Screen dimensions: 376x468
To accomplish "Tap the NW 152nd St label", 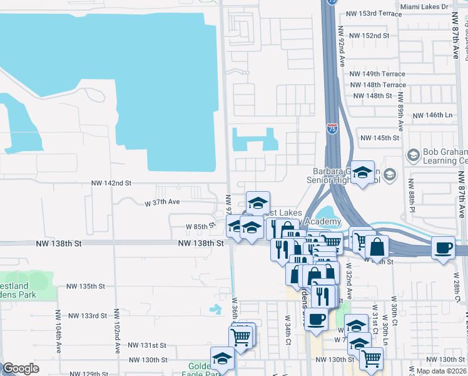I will (x=370, y=36).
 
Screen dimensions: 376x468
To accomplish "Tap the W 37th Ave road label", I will (x=162, y=202).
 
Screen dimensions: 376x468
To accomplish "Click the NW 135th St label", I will (x=88, y=286).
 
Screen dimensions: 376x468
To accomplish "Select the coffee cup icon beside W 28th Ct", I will (x=443, y=247).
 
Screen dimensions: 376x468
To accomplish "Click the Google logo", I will (x=21, y=368).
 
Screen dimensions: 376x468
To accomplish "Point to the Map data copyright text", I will (x=441, y=371).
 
